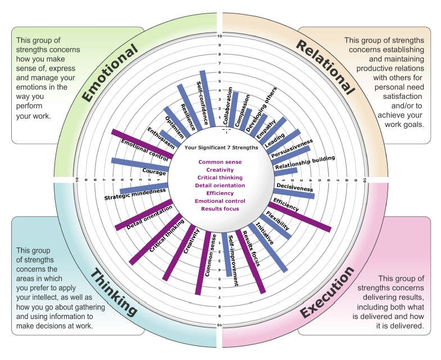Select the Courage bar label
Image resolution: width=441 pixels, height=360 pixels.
154,172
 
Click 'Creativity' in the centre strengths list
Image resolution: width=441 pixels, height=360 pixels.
220,170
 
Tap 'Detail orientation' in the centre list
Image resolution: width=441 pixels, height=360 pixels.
220,185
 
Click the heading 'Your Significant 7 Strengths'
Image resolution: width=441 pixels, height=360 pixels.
221,148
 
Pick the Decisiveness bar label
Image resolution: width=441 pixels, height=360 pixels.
295,188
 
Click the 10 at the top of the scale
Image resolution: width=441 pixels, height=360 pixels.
220,37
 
